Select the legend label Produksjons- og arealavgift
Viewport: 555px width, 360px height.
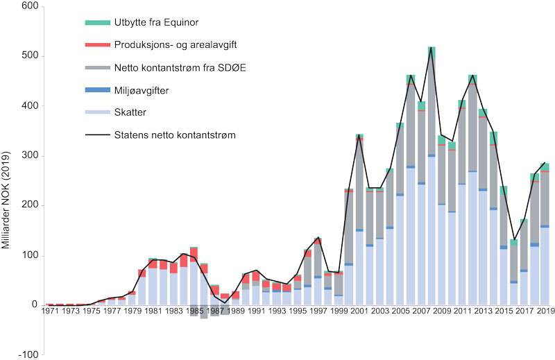pyautogui.click(x=167, y=45)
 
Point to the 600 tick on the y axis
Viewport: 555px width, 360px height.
pyautogui.click(x=32, y=6)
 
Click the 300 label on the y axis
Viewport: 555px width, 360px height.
pyautogui.click(x=32, y=156)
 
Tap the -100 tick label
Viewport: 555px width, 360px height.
pyautogui.click(x=30, y=355)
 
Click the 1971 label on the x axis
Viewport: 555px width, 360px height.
pyautogui.click(x=49, y=311)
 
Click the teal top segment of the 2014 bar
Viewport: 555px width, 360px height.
pyautogui.click(x=493, y=137)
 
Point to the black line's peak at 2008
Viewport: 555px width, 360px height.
pyautogui.click(x=432, y=48)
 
